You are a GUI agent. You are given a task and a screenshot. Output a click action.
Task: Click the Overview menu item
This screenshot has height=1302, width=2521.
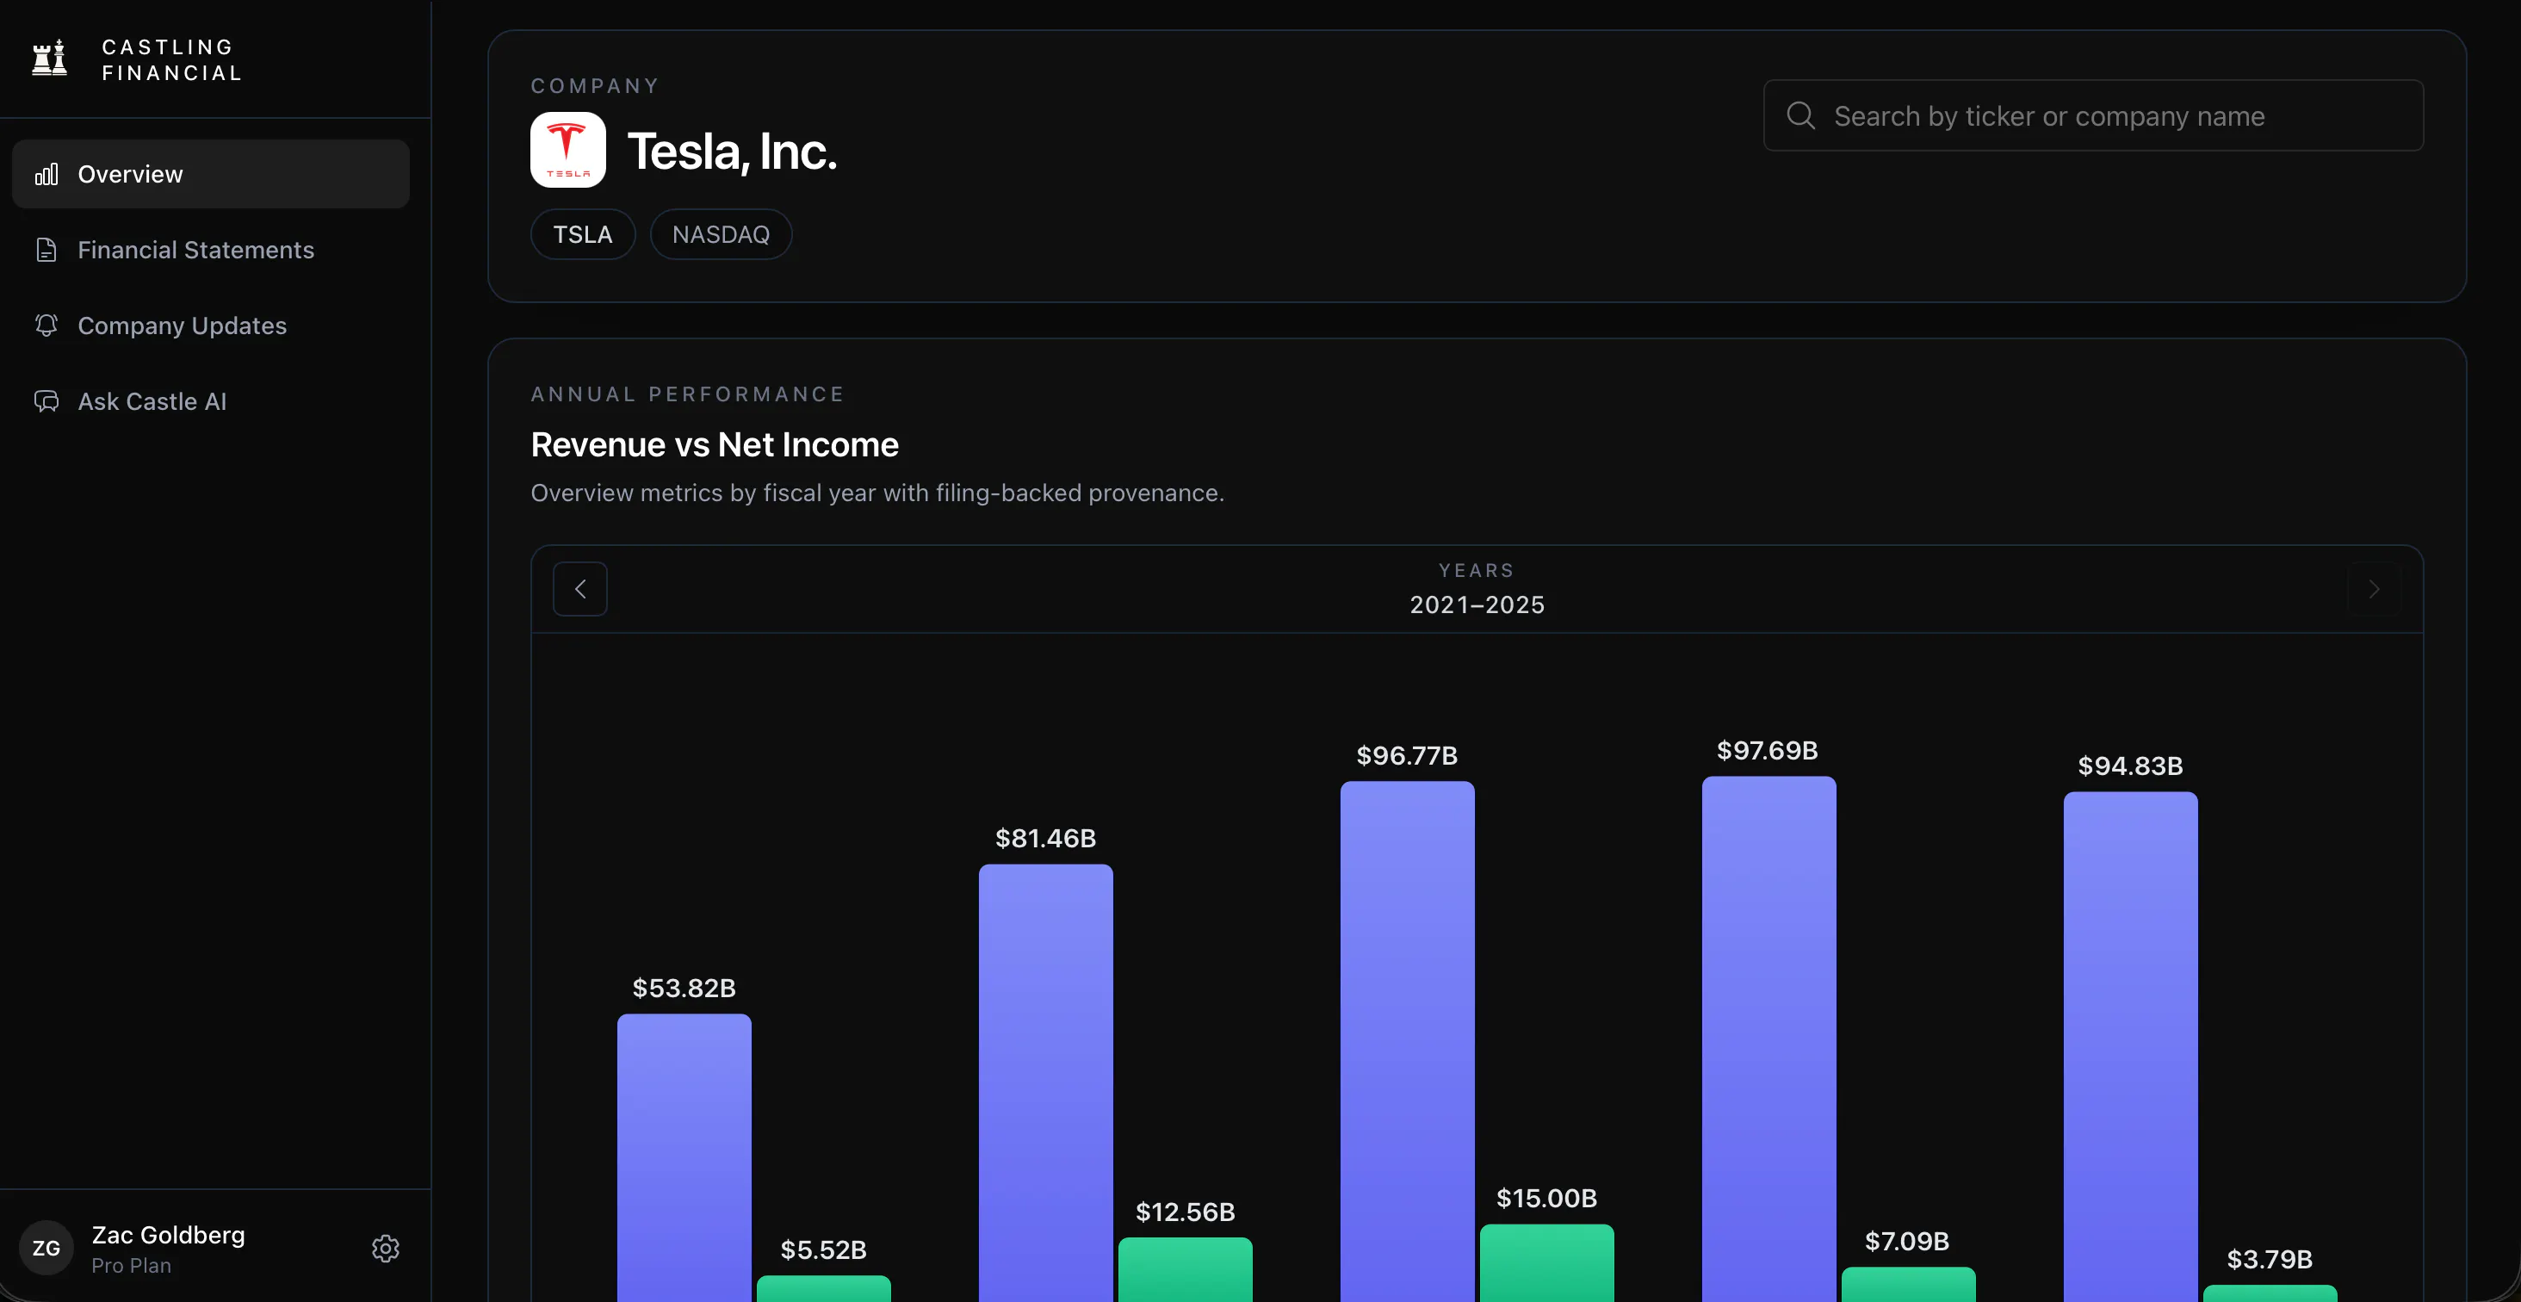click(x=210, y=173)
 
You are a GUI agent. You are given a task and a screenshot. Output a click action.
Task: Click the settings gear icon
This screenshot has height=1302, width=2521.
click(x=386, y=1248)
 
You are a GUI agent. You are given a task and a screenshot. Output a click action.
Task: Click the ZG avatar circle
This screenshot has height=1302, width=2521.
click(x=46, y=1248)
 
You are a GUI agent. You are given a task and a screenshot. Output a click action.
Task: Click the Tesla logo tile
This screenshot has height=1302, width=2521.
click(x=567, y=150)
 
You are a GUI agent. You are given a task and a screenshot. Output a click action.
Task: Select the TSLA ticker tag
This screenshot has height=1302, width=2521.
click(x=583, y=234)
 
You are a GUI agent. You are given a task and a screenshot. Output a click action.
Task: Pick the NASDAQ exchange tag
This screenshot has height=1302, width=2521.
click(x=722, y=234)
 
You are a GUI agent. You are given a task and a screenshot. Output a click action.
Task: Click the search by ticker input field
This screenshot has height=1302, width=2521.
click(x=2093, y=115)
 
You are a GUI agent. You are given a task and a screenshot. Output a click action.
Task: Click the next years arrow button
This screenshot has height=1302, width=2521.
click(x=2373, y=588)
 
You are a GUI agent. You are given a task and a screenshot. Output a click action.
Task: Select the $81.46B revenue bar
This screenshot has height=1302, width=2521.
click(x=1046, y=1082)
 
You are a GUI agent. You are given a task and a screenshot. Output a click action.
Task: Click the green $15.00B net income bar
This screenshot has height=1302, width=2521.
click(x=1546, y=1263)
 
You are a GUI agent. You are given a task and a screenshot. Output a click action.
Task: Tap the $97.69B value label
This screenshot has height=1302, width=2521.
click(x=1768, y=751)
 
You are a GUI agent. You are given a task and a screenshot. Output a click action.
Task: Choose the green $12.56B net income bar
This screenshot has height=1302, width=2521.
click(x=1185, y=1269)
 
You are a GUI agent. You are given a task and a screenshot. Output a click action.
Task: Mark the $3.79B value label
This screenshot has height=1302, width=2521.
click(x=2270, y=1259)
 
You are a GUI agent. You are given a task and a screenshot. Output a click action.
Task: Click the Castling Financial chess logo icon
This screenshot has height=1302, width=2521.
click(x=49, y=58)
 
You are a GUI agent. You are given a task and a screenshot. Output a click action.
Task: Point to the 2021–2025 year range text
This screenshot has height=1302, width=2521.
click(x=1477, y=605)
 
